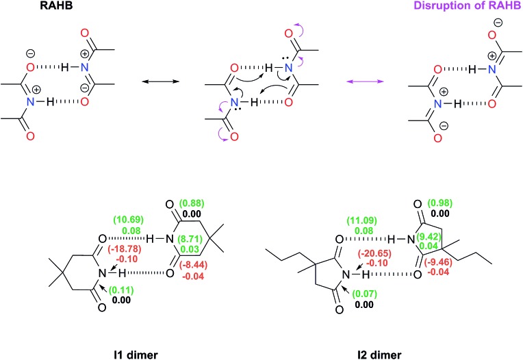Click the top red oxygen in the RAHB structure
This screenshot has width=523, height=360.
coord(84,32)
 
